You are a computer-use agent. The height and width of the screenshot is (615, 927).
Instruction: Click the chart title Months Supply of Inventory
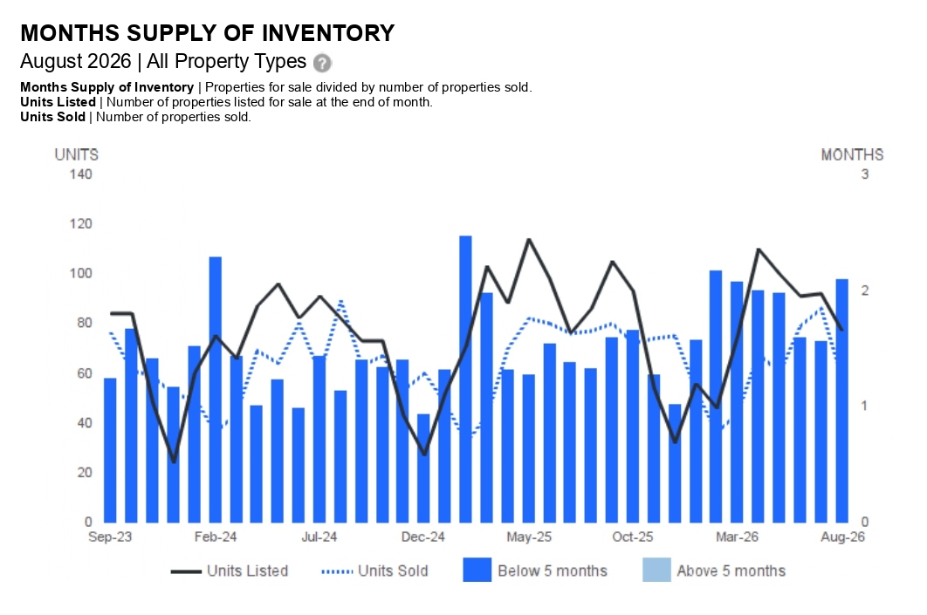[208, 33]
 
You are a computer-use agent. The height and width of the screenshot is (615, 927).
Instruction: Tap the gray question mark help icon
[322, 63]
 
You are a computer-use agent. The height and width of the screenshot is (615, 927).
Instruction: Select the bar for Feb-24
[216, 389]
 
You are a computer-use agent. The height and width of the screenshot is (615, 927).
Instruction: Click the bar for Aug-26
[841, 400]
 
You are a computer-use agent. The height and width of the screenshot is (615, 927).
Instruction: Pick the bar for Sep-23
[110, 450]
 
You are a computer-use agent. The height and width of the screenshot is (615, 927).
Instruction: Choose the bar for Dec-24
[423, 468]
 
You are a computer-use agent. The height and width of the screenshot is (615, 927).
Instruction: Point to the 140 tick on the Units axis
[81, 174]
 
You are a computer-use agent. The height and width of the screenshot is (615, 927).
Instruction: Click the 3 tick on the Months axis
[865, 174]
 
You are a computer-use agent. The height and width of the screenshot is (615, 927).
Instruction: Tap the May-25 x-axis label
[529, 537]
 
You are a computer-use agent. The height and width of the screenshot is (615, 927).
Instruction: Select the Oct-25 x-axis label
[633, 537]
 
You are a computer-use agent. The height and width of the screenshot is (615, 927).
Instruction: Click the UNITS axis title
[76, 154]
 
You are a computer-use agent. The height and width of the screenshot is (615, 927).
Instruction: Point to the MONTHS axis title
[852, 154]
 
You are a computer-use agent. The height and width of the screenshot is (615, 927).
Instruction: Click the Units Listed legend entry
[230, 571]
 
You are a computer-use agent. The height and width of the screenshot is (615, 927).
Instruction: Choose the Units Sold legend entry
[374, 571]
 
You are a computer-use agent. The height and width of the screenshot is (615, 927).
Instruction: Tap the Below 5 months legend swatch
[477, 571]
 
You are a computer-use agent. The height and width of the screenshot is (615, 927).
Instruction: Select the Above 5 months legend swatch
[656, 571]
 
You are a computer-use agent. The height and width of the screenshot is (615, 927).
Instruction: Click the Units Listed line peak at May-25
[529, 239]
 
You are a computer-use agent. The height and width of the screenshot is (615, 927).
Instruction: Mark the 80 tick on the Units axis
[85, 323]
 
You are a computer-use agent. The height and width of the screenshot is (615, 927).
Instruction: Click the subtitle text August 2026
[76, 61]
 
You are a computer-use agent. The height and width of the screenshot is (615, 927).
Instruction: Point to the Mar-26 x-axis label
[737, 537]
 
